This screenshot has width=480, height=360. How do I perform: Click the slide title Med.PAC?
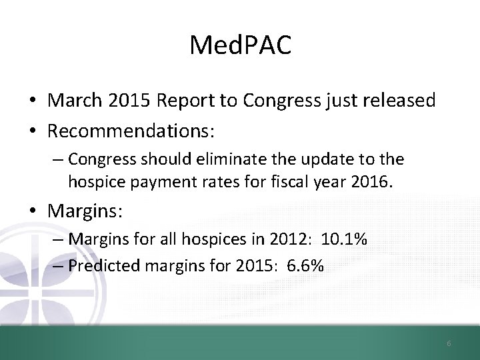(x=239, y=45)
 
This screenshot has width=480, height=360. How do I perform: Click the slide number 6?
(x=449, y=343)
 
